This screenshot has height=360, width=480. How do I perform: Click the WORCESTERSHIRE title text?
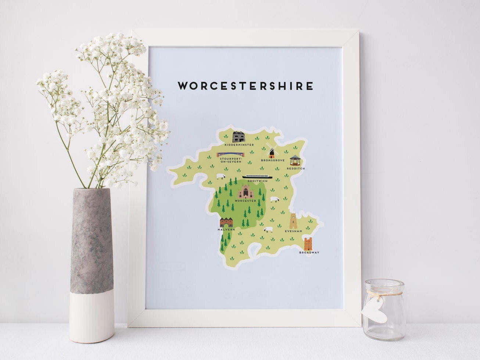pyautogui.click(x=246, y=86)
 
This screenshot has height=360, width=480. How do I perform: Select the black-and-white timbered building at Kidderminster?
pyautogui.click(x=239, y=136)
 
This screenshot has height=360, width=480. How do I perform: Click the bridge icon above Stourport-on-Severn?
pyautogui.click(x=232, y=155)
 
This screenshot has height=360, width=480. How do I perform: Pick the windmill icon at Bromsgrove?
pyautogui.click(x=272, y=152)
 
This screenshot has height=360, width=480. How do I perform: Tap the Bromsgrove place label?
pyautogui.click(x=273, y=161)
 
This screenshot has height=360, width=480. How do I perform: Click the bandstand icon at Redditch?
pyautogui.click(x=295, y=161)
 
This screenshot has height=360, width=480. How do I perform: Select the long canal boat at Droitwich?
pyautogui.click(x=257, y=177)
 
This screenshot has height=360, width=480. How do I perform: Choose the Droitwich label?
pyautogui.click(x=257, y=181)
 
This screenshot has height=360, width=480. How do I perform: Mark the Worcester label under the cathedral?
pyautogui.click(x=246, y=201)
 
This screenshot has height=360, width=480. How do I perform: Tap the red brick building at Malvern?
pyautogui.click(x=226, y=222)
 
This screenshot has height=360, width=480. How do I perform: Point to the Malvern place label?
pyautogui.click(x=226, y=230)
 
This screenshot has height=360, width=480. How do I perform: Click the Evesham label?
pyautogui.click(x=294, y=231)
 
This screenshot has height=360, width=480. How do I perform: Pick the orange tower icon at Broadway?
pyautogui.click(x=308, y=244)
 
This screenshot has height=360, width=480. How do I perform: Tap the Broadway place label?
pyautogui.click(x=309, y=253)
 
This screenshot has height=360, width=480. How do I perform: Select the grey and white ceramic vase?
pyautogui.click(x=92, y=264)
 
